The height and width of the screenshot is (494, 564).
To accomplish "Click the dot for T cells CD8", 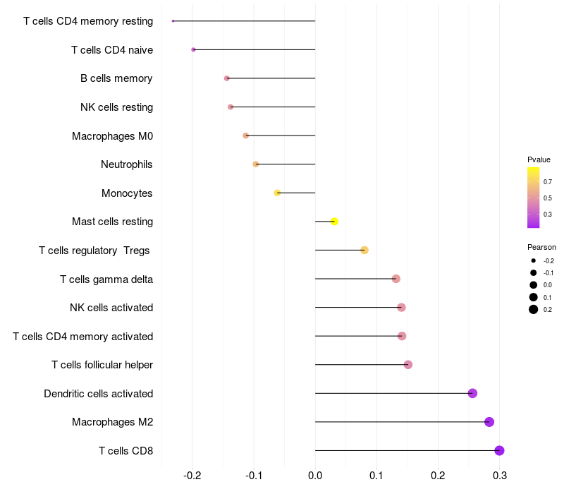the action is [499, 450].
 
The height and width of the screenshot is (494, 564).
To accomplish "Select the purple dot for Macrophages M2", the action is [489, 422].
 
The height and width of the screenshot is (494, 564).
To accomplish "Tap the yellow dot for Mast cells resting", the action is [334, 222].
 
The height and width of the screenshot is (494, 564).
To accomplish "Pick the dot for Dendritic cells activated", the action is [472, 393].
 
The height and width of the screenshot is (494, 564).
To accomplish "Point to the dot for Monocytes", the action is [277, 193].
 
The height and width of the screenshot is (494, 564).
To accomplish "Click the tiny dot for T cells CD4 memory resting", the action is [173, 21].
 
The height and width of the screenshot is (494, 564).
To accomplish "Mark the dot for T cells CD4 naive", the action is [193, 49].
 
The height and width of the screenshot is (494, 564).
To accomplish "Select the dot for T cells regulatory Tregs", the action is [364, 250].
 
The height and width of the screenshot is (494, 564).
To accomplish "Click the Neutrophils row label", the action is [127, 164].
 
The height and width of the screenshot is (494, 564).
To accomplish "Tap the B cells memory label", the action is [116, 78].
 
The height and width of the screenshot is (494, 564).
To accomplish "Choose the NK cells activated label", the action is [111, 308].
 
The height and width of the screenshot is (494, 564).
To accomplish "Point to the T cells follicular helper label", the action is [102, 365].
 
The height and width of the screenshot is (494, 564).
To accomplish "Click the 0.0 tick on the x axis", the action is [315, 476].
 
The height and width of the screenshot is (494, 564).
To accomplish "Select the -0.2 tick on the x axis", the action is [192, 476].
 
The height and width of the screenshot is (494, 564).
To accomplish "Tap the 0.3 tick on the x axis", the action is [500, 476].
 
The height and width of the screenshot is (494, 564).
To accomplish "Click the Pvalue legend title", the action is [539, 159].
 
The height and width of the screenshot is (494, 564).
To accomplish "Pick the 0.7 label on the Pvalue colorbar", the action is [548, 182].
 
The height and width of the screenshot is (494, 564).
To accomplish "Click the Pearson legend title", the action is [541, 247].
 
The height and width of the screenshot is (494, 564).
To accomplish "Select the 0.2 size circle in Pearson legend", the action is [534, 309].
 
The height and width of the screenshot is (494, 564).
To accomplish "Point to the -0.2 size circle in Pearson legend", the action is [534, 260].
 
